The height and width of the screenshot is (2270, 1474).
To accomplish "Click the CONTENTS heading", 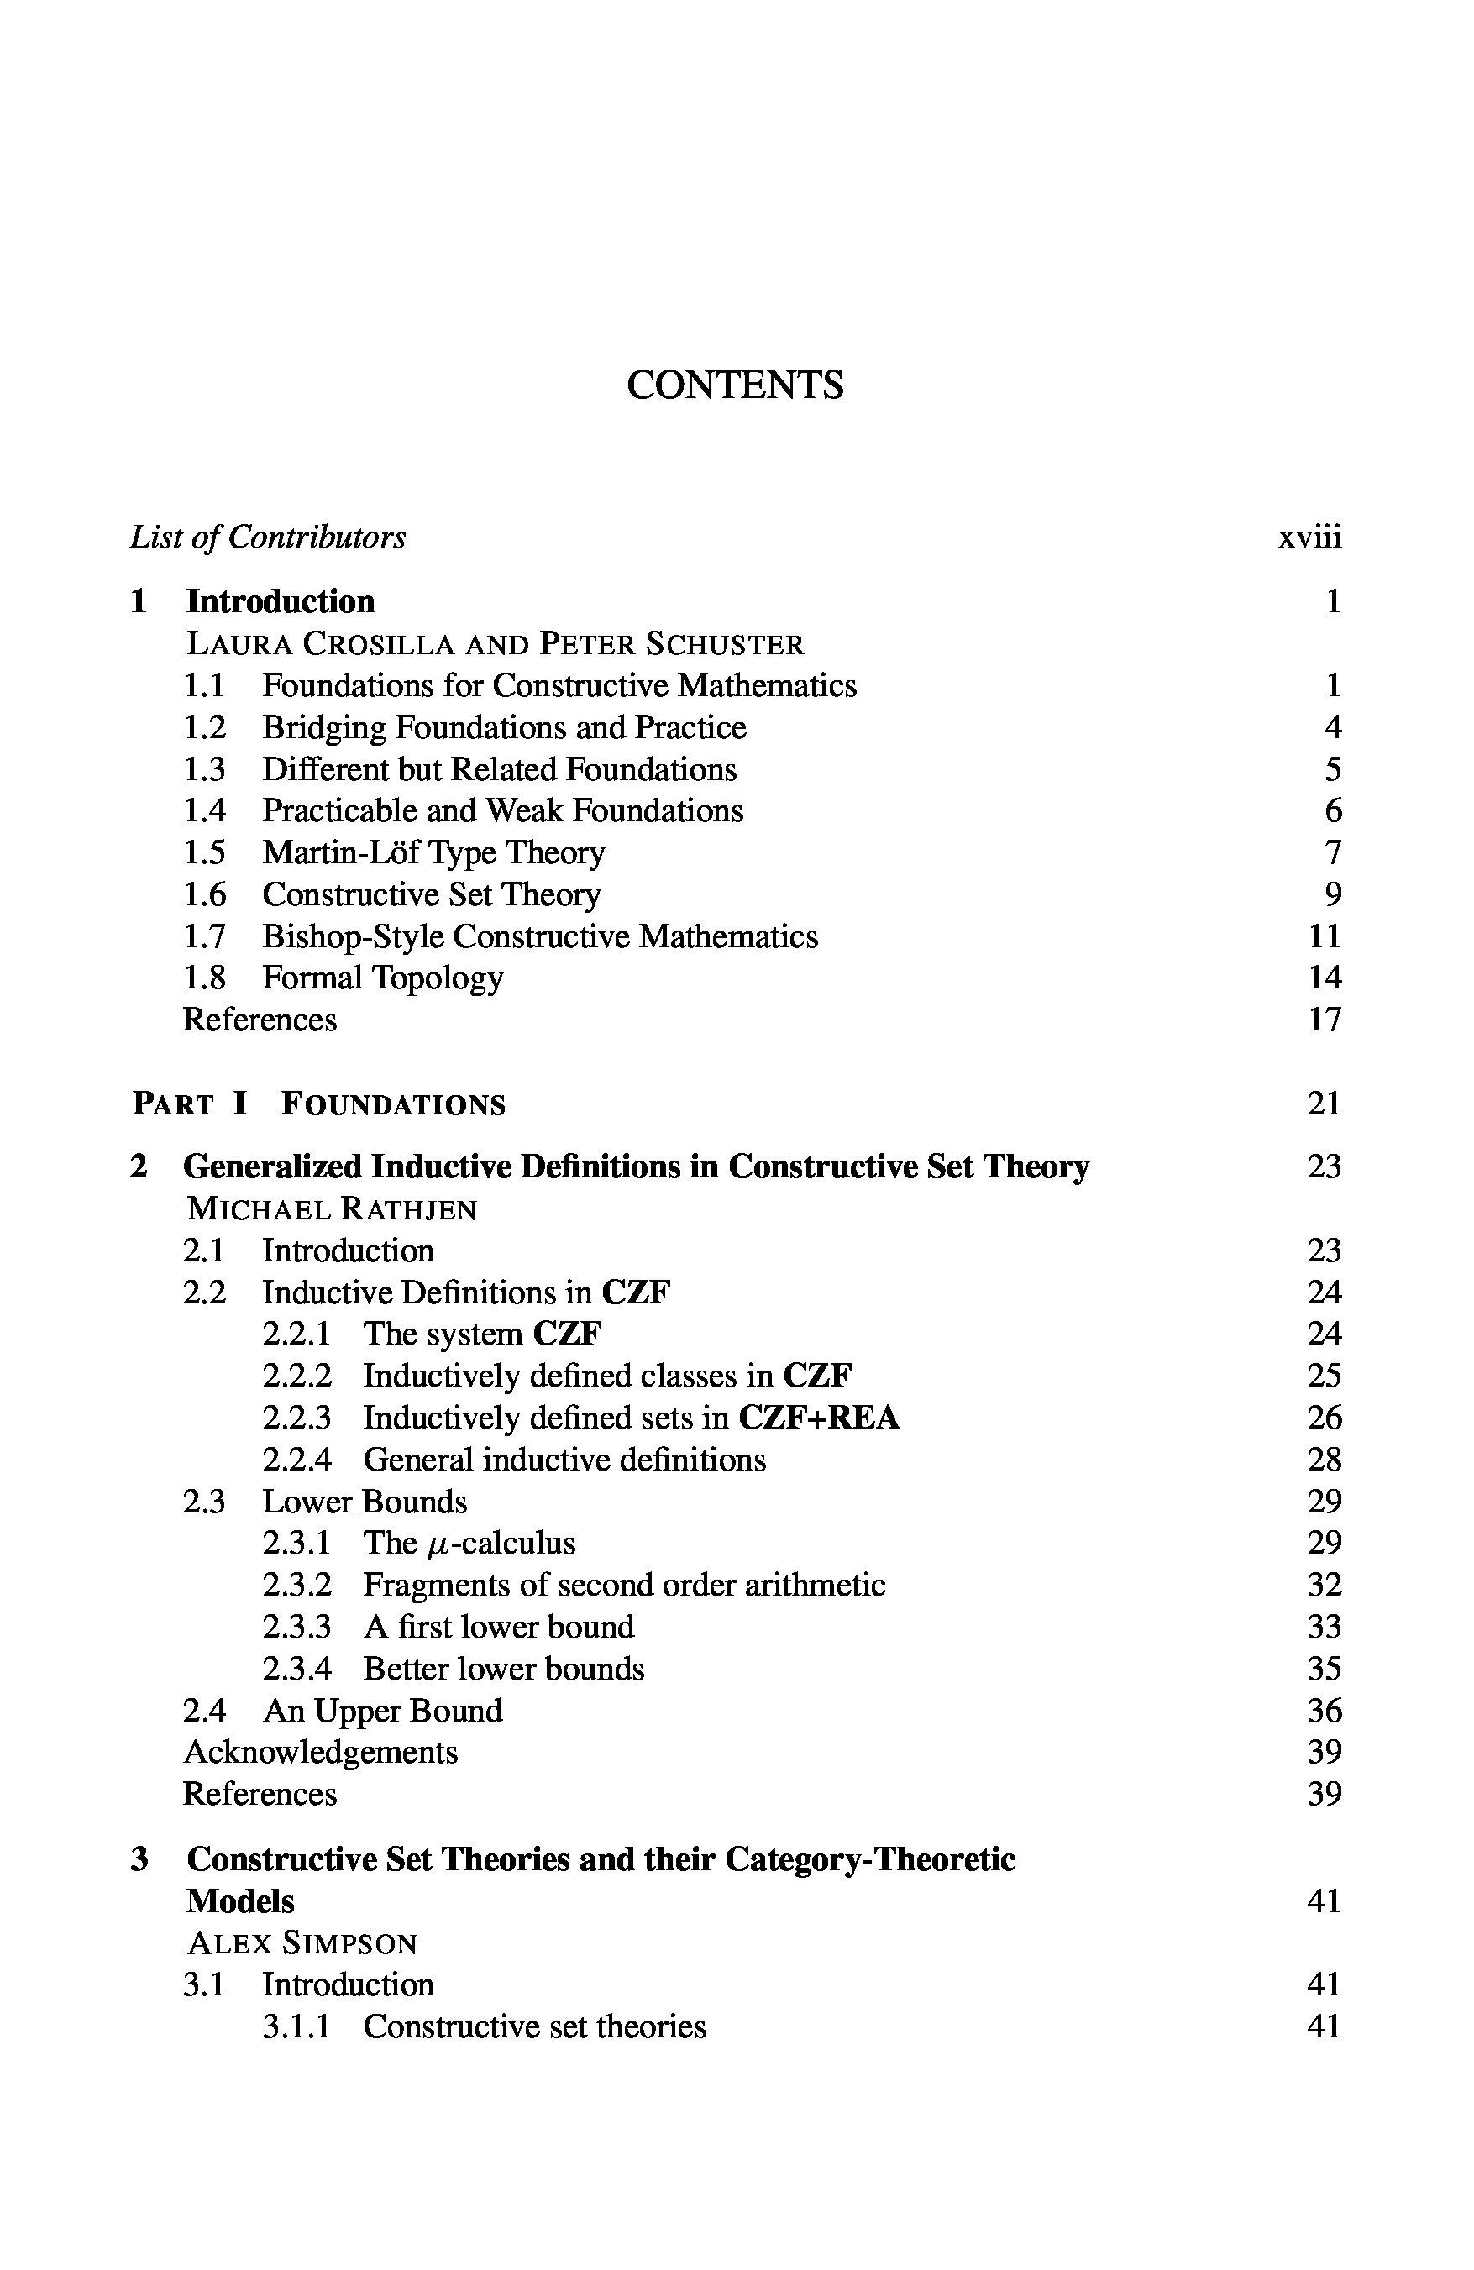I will pyautogui.click(x=735, y=385).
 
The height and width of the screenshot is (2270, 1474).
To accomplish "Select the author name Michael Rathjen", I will pyautogui.click(x=331, y=1209).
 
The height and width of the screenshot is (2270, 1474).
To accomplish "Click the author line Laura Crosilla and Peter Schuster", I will pyautogui.click(x=494, y=644).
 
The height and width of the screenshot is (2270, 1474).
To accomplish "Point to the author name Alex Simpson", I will pyautogui.click(x=302, y=1942).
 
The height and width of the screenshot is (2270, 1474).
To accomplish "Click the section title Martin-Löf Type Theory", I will pyautogui.click(x=433, y=852).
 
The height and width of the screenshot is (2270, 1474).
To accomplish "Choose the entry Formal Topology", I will pyautogui.click(x=383, y=978).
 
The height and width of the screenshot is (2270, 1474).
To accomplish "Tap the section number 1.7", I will pyautogui.click(x=204, y=936).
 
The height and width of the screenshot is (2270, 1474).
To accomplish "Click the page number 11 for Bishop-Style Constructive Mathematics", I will pyautogui.click(x=1325, y=936).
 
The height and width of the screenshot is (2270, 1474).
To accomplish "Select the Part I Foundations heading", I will pyautogui.click(x=318, y=1104).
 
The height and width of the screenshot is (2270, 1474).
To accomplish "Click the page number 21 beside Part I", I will pyautogui.click(x=1325, y=1104).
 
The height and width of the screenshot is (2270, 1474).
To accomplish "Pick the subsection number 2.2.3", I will pyautogui.click(x=296, y=1418).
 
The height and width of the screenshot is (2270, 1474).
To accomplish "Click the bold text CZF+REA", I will pyautogui.click(x=819, y=1418).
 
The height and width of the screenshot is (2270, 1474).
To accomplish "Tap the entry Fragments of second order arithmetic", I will pyautogui.click(x=624, y=1586).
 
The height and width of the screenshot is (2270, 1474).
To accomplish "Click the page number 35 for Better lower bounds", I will pyautogui.click(x=1325, y=1670).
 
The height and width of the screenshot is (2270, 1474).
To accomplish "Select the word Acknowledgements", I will pyautogui.click(x=321, y=1752).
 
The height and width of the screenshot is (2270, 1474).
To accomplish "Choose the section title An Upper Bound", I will pyautogui.click(x=383, y=1711).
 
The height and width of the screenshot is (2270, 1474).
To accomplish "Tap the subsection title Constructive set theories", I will pyautogui.click(x=534, y=2026).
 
